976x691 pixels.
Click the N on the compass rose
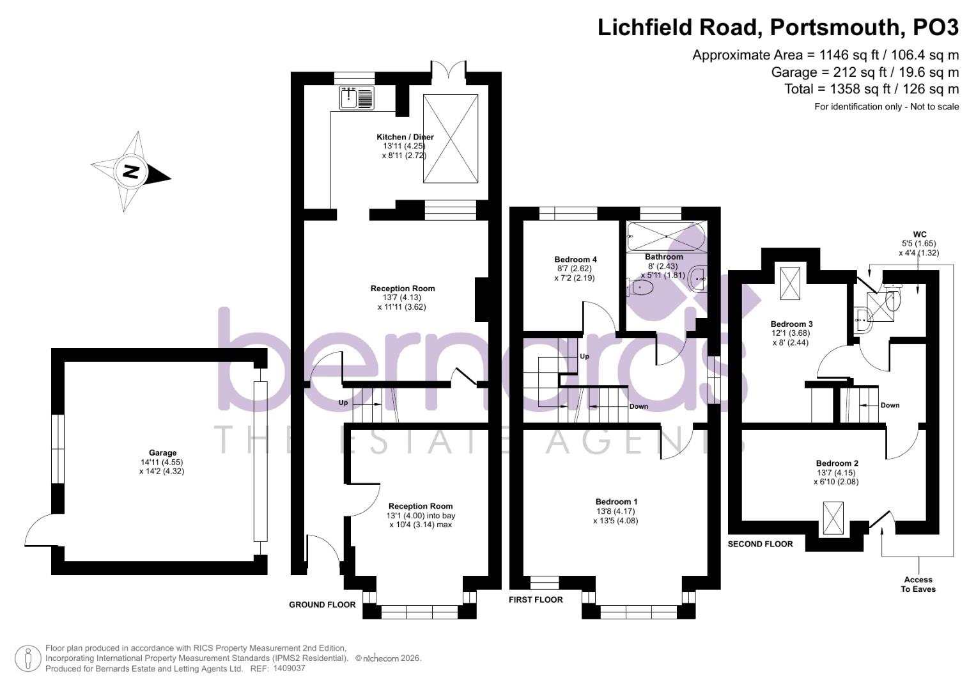[x=131, y=171]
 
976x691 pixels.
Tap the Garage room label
[x=162, y=453]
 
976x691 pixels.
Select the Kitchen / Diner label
[x=405, y=137]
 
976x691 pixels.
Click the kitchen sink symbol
[x=357, y=98]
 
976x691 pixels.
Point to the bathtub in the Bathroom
[x=665, y=236]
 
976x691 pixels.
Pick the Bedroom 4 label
[x=575, y=260]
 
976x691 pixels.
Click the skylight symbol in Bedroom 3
[x=790, y=283]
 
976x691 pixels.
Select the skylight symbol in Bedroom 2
[x=833, y=518]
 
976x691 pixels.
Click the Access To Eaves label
[x=918, y=584]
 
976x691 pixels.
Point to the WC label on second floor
[x=919, y=234]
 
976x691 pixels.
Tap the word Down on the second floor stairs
[x=890, y=405]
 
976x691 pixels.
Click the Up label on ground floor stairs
[x=343, y=403]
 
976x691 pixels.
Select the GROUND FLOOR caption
[x=322, y=605]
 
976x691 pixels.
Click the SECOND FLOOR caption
[x=760, y=544]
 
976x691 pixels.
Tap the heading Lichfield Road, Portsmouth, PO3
[x=778, y=28]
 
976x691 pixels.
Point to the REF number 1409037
[x=290, y=669]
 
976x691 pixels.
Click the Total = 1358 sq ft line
[x=871, y=89]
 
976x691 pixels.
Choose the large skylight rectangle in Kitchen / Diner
[x=451, y=139]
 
